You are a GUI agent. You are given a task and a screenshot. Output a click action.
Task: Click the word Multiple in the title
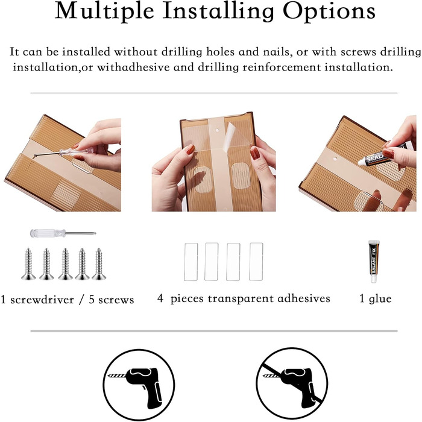[104, 11]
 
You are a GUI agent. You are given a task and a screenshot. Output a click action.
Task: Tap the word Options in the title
[329, 11]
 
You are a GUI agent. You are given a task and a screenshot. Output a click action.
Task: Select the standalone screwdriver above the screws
[63, 233]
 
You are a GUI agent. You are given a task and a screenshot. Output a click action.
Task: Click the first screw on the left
[28, 264]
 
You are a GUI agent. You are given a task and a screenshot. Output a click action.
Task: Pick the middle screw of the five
[65, 264]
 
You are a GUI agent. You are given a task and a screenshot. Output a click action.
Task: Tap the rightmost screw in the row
[99, 264]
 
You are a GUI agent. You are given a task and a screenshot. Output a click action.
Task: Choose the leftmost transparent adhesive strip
[191, 262]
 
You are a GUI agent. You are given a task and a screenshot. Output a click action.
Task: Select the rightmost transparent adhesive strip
[256, 262]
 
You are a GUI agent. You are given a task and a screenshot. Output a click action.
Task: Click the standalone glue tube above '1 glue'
[374, 261]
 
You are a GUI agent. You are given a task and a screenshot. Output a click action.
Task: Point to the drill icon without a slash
[139, 385]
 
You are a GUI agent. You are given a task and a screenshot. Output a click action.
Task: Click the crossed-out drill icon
[291, 385]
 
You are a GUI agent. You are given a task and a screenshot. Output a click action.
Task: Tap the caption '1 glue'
[376, 299]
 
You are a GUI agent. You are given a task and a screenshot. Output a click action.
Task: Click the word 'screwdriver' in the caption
[42, 300]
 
